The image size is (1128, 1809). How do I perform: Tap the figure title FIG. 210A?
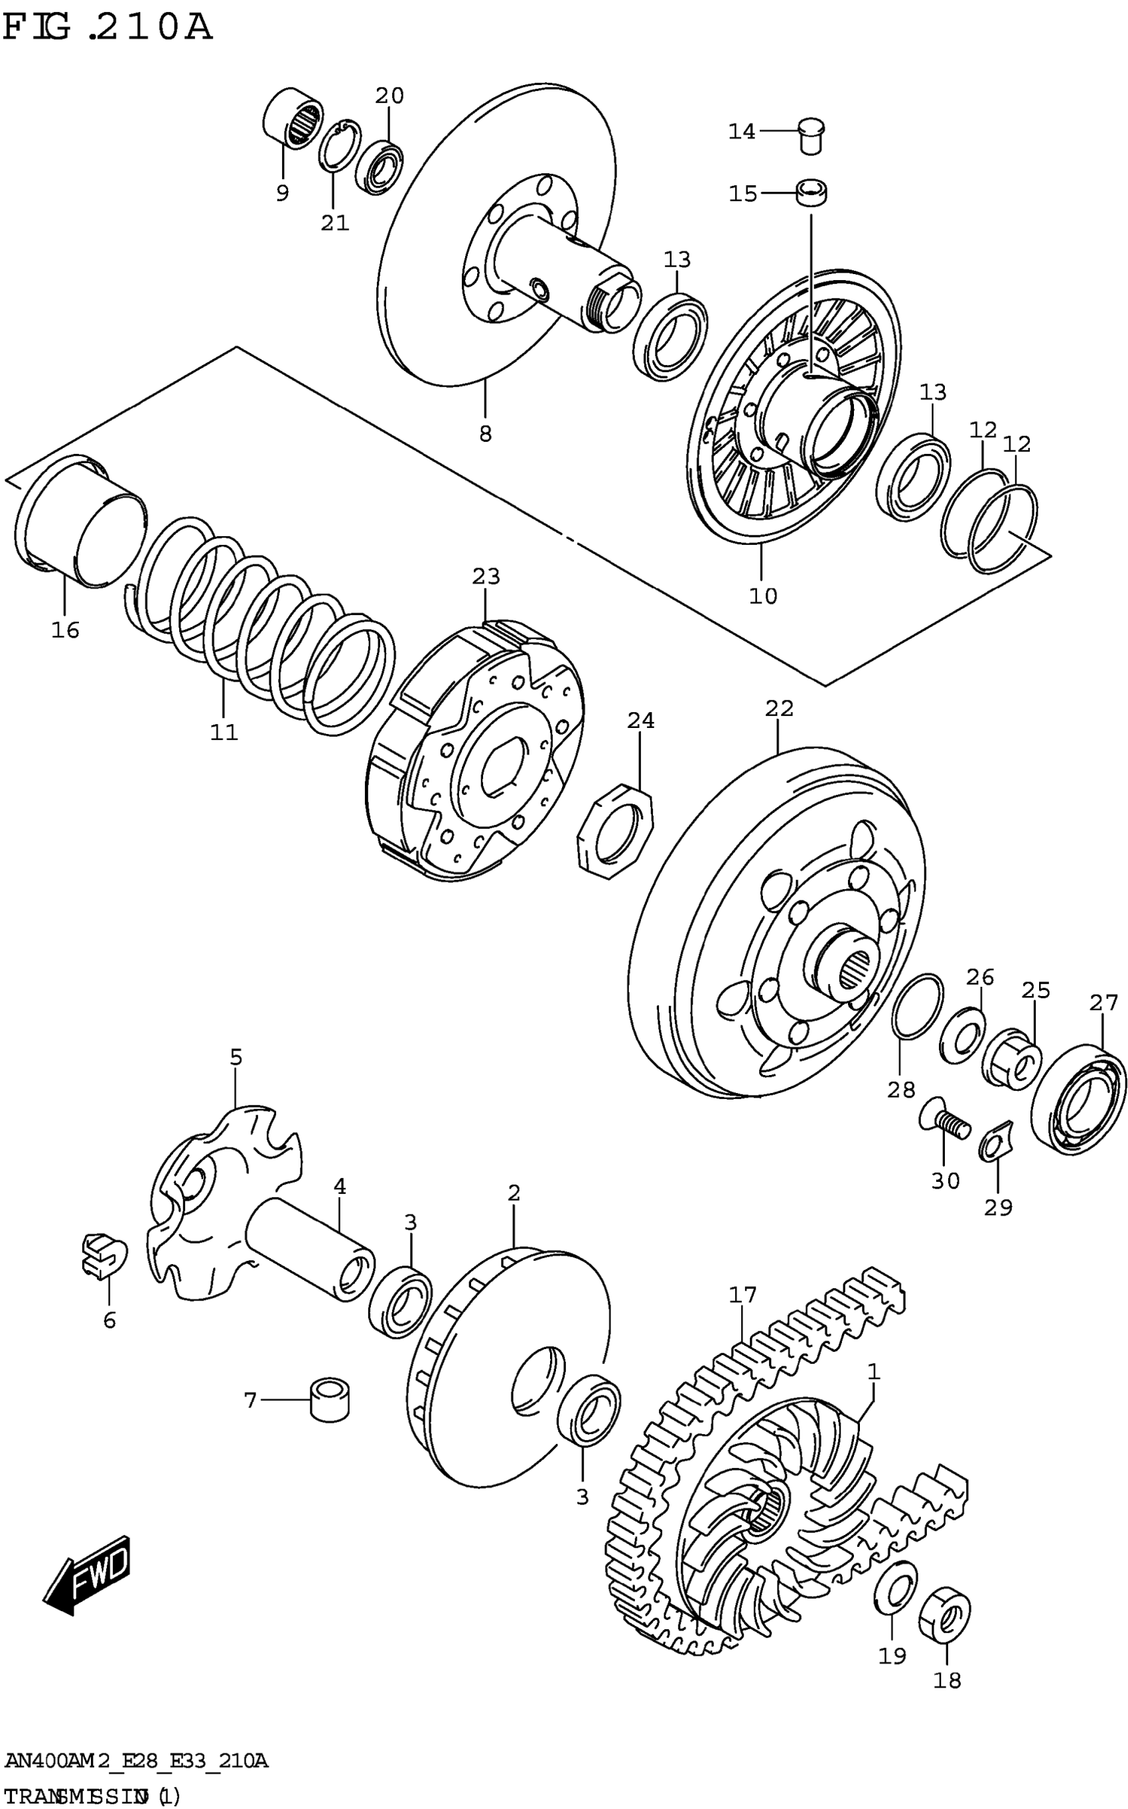107,28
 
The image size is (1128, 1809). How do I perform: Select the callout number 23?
486,577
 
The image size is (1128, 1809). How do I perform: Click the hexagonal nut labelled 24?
616,828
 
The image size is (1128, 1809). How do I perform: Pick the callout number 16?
65,630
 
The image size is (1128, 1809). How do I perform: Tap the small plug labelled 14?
811,135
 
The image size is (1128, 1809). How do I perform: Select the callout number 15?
742,194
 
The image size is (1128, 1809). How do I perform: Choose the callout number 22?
779,708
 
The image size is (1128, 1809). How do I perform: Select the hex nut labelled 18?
947,1615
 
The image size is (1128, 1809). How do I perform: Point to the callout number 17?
742,1294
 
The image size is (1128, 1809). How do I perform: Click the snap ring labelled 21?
340,147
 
